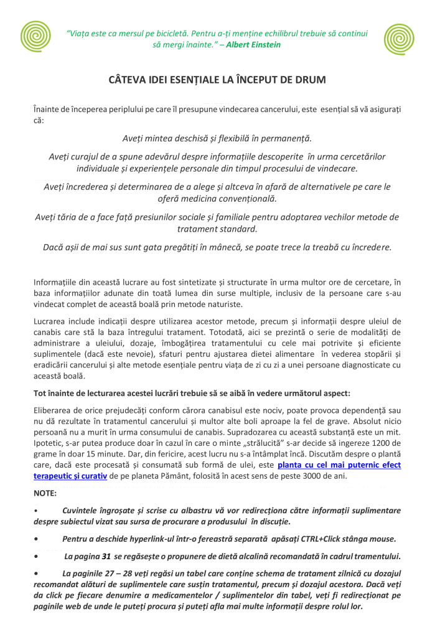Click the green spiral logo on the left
35,37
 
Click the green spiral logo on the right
399,40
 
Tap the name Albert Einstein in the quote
253,45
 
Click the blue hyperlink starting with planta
339,465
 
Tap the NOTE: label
45,493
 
